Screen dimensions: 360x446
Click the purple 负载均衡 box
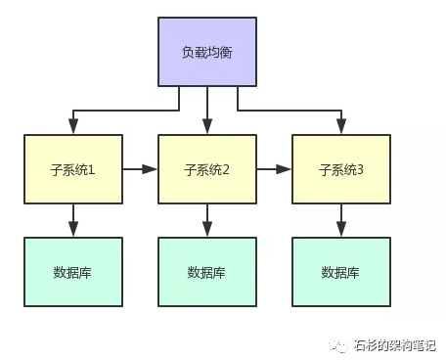[x=207, y=51]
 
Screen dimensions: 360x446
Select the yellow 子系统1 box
[x=72, y=169]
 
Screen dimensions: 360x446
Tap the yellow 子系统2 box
[x=206, y=169]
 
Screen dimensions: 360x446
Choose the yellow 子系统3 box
[x=341, y=169]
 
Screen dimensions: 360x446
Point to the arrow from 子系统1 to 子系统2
[x=139, y=169]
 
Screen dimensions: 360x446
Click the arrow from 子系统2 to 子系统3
[x=273, y=169]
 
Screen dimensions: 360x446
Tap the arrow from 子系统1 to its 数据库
[x=72, y=220]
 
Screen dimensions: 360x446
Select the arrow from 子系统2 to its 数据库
[x=206, y=220]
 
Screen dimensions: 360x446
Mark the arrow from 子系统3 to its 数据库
[x=341, y=220]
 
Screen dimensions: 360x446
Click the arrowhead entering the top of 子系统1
[x=72, y=128]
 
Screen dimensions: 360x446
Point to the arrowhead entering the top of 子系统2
[x=206, y=128]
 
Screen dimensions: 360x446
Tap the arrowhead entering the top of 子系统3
[x=341, y=128]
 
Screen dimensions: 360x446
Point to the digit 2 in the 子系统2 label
[x=226, y=170]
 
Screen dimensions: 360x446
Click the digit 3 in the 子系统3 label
[x=360, y=170]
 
